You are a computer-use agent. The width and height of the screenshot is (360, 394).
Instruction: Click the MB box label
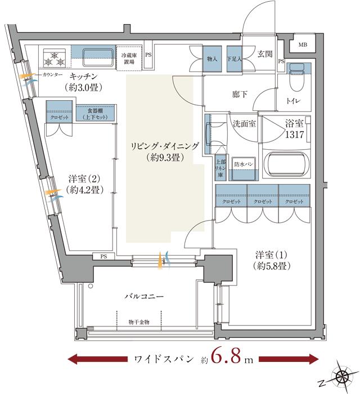pyautogui.click(x=303, y=44)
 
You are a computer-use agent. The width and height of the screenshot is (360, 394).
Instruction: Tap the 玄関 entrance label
pyautogui.click(x=265, y=55)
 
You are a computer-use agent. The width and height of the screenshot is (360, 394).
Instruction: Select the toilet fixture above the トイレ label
pyautogui.click(x=295, y=82)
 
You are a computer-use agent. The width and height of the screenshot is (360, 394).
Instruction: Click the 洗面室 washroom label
pyautogui.click(x=245, y=124)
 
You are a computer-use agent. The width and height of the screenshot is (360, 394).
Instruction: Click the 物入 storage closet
pyautogui.click(x=212, y=58)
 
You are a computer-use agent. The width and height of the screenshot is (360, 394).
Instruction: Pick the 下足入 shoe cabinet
pyautogui.click(x=233, y=58)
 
